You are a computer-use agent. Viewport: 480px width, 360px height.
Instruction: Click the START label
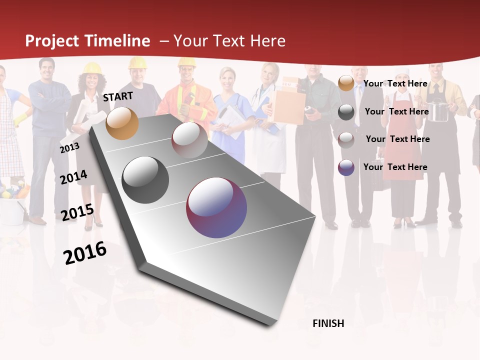click(118, 96)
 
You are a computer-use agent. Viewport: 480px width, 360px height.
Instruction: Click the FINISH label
click(328, 323)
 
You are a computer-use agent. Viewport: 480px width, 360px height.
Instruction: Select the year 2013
click(69, 148)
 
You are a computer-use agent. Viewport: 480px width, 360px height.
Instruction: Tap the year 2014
click(73, 177)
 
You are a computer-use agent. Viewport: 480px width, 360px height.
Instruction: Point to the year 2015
click(77, 212)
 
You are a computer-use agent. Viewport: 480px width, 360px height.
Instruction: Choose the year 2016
click(85, 253)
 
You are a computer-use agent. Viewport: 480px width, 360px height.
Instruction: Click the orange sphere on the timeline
click(122, 123)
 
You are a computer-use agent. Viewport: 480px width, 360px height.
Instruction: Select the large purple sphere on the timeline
click(216, 207)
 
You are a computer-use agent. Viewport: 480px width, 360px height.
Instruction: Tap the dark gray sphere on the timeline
click(145, 180)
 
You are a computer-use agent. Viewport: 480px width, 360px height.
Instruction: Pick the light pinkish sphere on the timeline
click(189, 140)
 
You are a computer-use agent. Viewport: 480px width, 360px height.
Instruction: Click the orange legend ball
click(346, 83)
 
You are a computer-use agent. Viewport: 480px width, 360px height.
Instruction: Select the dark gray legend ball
click(346, 112)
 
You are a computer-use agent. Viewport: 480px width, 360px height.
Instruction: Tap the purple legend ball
click(346, 167)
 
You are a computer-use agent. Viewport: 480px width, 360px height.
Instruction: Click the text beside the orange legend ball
click(395, 83)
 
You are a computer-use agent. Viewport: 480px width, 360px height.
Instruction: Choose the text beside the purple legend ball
click(395, 167)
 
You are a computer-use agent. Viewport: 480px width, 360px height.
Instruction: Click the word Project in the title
click(52, 41)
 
